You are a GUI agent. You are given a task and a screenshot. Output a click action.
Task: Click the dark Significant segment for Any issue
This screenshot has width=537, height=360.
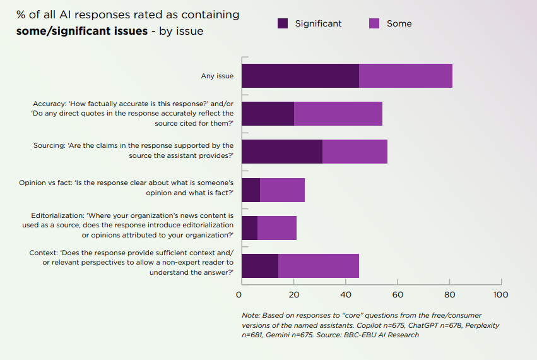tap(300, 76)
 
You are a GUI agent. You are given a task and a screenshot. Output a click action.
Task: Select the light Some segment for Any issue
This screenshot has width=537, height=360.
tap(406, 76)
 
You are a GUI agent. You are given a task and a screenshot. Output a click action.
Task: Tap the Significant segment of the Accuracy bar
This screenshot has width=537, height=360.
tap(268, 114)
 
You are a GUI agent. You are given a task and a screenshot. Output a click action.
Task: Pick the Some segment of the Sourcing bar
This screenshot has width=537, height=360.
tap(355, 152)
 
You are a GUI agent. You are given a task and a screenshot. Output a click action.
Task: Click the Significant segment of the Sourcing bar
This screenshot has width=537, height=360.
tap(282, 152)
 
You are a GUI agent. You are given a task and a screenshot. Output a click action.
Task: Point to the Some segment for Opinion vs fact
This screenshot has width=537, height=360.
tap(282, 189)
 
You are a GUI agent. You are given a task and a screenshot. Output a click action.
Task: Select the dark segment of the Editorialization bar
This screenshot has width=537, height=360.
tap(249, 227)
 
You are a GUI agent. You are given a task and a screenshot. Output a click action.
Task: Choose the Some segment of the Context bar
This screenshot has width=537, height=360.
tap(319, 265)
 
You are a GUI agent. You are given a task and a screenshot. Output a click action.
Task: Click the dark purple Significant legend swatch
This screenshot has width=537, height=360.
tap(283, 23)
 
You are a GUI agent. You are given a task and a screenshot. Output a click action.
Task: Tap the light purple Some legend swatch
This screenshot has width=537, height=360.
tap(374, 23)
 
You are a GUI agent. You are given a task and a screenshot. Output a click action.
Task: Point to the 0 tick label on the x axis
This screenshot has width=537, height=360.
tap(239, 294)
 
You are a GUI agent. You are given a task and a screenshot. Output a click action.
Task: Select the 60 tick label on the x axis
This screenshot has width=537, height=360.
tap(396, 294)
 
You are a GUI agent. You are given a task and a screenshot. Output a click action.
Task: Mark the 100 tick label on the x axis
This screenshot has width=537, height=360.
tap(500, 294)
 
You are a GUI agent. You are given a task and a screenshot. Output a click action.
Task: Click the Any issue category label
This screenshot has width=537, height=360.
tap(217, 76)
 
